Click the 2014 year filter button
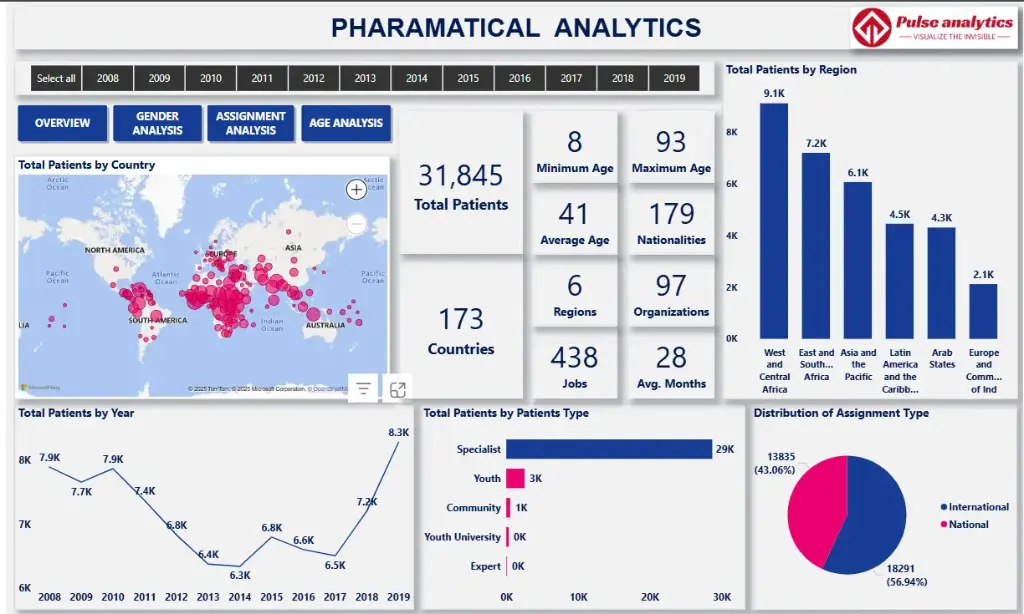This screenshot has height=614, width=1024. (x=417, y=78)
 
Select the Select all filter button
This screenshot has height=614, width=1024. (x=56, y=78)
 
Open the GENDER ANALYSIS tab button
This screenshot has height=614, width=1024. (x=158, y=123)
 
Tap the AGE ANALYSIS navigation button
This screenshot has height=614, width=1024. (x=346, y=123)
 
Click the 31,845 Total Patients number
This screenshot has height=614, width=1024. (x=461, y=176)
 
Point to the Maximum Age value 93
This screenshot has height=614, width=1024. (x=671, y=142)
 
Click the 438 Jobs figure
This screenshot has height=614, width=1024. (x=574, y=357)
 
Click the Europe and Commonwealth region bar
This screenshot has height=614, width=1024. (x=984, y=311)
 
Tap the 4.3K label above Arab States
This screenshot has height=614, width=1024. (x=942, y=217)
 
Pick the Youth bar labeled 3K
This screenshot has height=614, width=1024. (x=515, y=478)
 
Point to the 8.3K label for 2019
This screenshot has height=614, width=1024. (x=398, y=432)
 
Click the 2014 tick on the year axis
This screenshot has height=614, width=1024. (x=240, y=597)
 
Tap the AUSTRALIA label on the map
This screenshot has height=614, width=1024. (x=326, y=325)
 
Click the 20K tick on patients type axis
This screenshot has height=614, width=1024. (x=651, y=597)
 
